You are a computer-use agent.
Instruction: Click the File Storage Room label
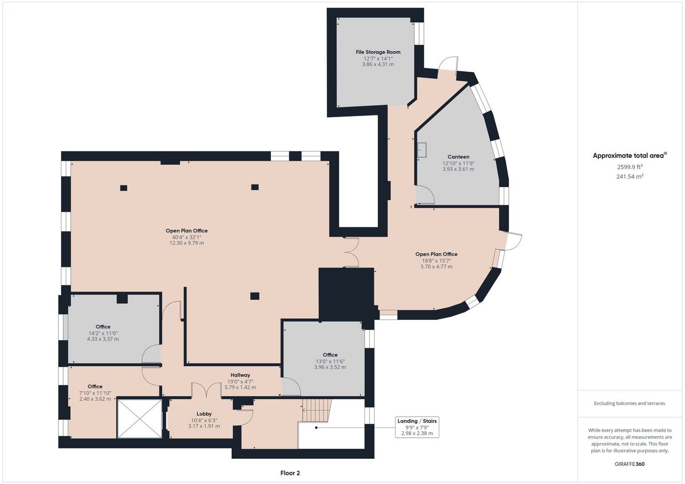378,52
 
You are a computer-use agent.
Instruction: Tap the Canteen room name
458,157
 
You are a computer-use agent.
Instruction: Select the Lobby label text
204,414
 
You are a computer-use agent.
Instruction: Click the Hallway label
240,375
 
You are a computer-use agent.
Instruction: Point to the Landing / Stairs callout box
417,427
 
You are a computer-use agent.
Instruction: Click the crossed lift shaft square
140,418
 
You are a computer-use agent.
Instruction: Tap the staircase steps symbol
317,410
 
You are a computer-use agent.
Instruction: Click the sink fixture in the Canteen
422,150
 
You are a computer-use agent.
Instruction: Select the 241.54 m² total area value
630,176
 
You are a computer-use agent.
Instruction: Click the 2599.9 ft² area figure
630,167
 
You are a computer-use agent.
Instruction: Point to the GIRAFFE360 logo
630,464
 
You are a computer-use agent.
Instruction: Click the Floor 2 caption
290,473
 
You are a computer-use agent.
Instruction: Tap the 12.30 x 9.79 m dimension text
187,243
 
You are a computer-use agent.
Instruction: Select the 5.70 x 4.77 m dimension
436,266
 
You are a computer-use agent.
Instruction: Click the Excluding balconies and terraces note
630,403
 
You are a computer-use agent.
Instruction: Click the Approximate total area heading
630,156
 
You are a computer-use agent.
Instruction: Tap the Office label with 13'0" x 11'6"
330,355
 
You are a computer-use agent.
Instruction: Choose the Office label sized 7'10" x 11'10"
95,387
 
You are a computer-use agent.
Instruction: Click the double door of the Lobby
207,389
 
